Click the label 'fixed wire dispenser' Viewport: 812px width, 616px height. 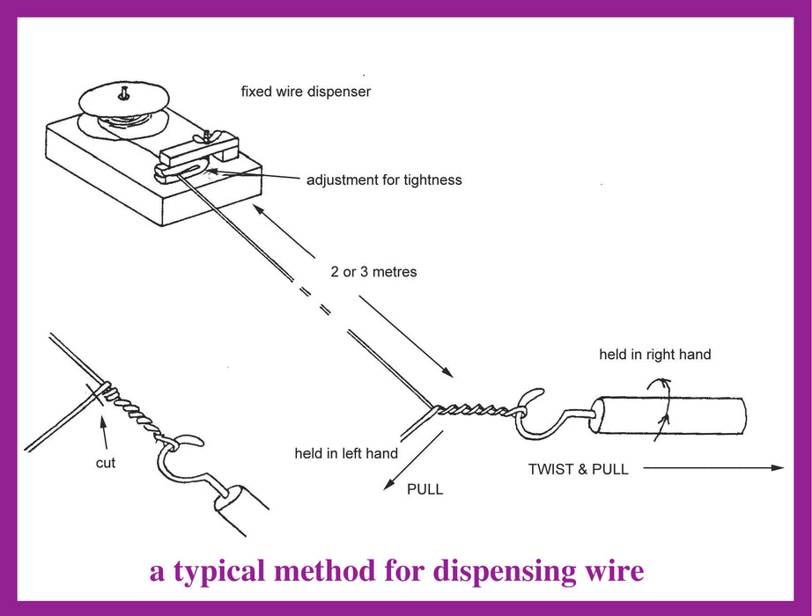coord(306,91)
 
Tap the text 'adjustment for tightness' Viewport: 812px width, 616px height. coord(384,180)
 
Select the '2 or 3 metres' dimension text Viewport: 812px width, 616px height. coord(373,272)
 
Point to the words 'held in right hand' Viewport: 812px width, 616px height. coord(654,355)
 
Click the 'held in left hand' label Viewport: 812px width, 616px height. coord(346,454)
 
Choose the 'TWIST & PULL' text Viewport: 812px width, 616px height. coord(578,469)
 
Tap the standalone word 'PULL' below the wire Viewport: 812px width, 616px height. coord(424,489)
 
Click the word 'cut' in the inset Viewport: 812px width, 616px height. coord(106,462)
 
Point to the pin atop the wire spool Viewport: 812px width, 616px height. coord(123,89)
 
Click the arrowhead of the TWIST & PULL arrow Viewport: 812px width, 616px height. coord(777,468)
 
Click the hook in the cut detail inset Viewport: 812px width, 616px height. coord(181,459)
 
